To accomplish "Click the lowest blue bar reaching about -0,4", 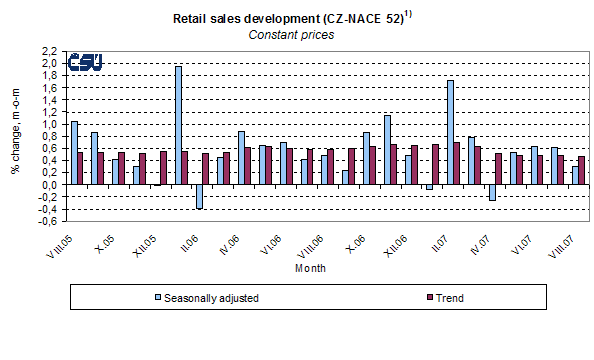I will pos(200,196).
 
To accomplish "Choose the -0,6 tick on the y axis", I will pos(47,221).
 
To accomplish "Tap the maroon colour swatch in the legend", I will pos(421,297).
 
